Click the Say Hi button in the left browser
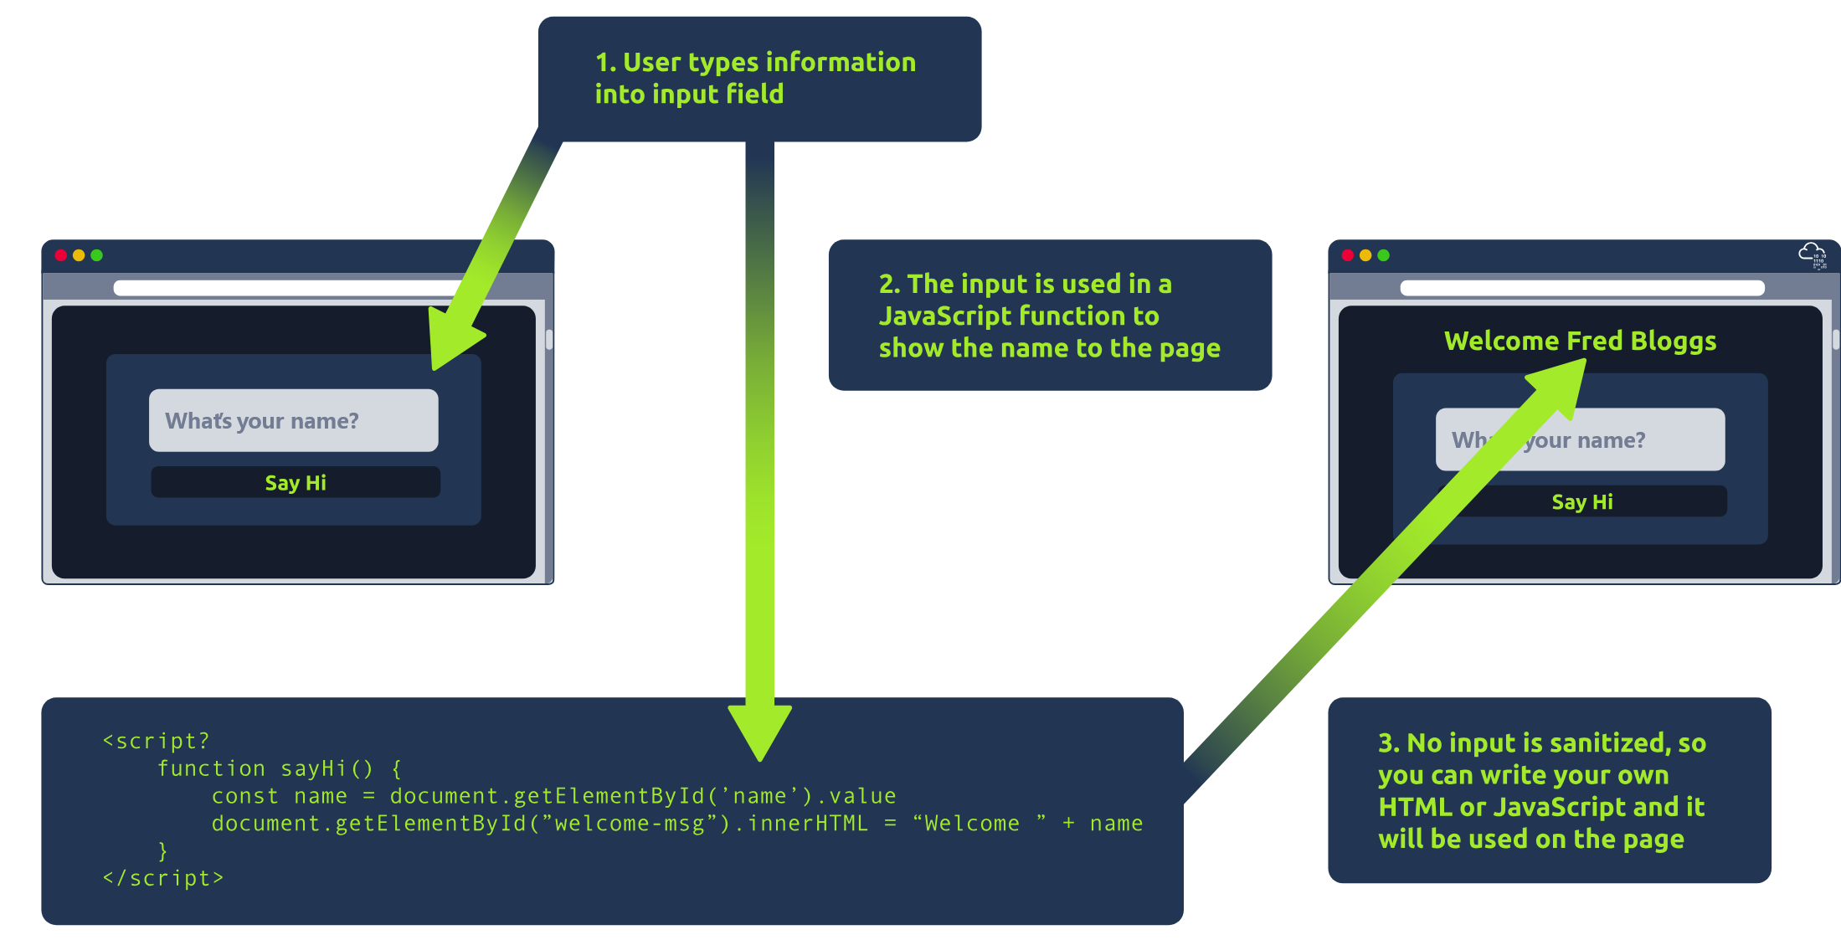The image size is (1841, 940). click(x=295, y=482)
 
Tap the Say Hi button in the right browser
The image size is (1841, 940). click(x=1581, y=501)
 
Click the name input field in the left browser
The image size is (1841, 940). click(x=293, y=420)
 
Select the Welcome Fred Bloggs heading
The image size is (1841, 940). click(x=1580, y=341)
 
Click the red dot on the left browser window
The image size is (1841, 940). click(x=61, y=255)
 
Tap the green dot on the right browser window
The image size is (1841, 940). click(x=1383, y=255)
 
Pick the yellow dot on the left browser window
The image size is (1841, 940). click(x=79, y=255)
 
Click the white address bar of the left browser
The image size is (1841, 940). click(x=285, y=288)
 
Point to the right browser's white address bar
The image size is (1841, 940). click(x=1581, y=288)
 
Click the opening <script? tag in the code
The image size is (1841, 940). click(x=156, y=741)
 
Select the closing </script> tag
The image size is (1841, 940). click(x=163, y=878)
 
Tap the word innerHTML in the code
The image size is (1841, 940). click(x=808, y=824)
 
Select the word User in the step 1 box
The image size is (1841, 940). click(x=651, y=62)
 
